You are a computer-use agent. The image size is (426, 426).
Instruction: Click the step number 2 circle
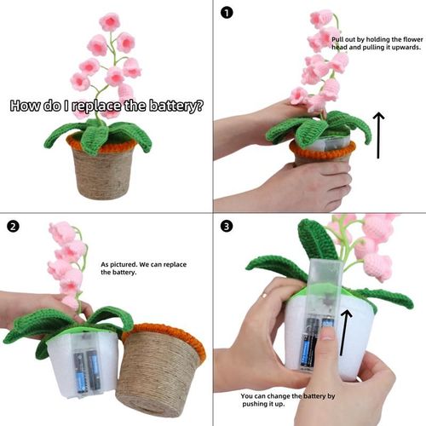coord(13,226)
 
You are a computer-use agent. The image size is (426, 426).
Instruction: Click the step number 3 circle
coord(227,226)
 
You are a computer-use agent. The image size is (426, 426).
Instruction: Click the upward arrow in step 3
coord(345,332)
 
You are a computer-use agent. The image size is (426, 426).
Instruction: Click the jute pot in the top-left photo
coord(106,175)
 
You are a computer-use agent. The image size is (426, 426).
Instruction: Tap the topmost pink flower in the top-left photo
coord(108,22)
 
